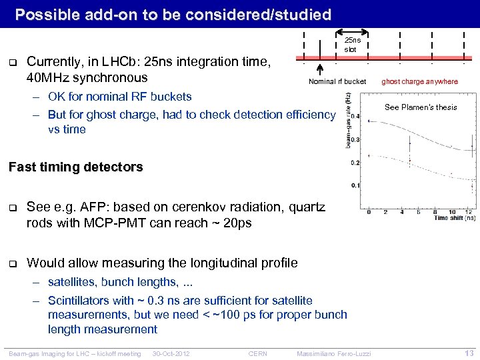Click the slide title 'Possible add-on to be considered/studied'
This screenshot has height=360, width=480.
coord(173,14)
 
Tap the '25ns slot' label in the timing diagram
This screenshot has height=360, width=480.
coord(351,45)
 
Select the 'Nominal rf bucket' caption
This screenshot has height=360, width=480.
coord(337,82)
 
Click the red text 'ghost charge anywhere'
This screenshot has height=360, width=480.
coord(419,82)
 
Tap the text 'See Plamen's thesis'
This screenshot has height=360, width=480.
coord(421,107)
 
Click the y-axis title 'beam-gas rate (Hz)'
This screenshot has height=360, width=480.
coord(347,120)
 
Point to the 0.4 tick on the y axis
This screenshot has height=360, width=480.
coord(355,117)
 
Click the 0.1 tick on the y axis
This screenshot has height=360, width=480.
coord(355,185)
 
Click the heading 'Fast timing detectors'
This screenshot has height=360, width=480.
coord(75,167)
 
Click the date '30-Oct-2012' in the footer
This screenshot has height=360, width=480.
coord(171,353)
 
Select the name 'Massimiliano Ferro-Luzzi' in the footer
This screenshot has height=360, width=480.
coord(334,353)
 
